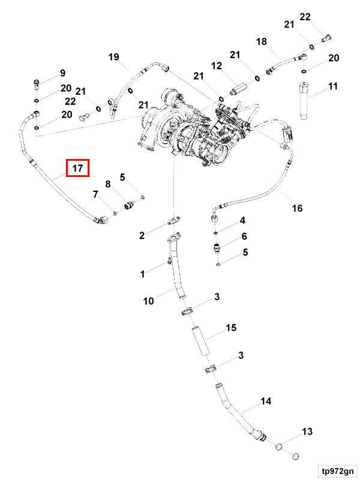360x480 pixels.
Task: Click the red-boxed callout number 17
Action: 78,168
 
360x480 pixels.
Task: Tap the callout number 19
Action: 113,57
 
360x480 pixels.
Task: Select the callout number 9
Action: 63,73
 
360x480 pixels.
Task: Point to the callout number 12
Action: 217,66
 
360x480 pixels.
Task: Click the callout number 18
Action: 262,41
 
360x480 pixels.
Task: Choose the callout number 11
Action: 333,86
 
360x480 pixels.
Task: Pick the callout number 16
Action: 297,208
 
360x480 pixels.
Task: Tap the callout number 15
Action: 231,328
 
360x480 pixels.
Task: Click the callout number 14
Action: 266,401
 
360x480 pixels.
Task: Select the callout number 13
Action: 307,431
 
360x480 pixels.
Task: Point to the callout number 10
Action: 148,301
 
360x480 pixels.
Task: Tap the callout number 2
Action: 142,235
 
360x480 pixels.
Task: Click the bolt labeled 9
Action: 36,84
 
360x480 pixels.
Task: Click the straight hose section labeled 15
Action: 201,342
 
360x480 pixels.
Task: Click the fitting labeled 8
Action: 130,205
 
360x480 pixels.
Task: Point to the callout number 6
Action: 244,236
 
